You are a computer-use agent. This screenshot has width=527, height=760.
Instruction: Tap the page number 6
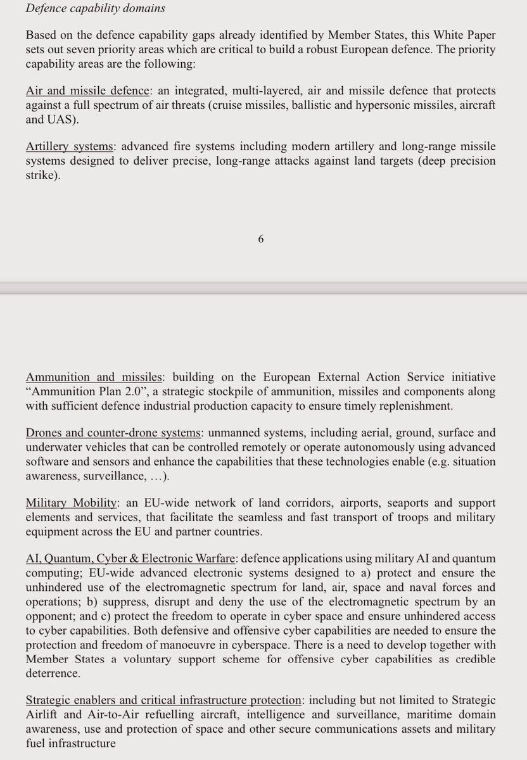click(261, 239)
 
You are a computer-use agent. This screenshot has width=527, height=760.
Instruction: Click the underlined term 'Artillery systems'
click(68, 147)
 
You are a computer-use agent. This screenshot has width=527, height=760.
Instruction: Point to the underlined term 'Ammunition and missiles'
click(94, 377)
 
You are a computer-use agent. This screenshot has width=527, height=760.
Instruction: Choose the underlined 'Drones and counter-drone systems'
click(113, 433)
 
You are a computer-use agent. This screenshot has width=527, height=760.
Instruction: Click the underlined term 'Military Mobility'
click(71, 503)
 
